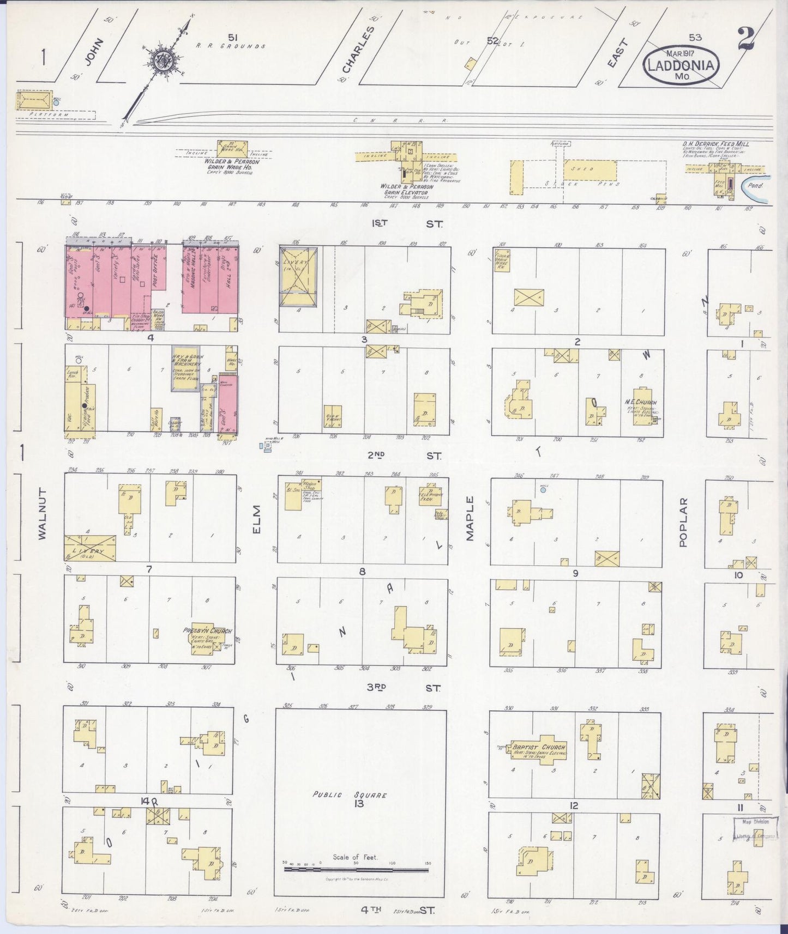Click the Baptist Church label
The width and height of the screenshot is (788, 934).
(x=539, y=747)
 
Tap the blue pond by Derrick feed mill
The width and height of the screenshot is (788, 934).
(x=756, y=186)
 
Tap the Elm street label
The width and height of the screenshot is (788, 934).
(x=257, y=520)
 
